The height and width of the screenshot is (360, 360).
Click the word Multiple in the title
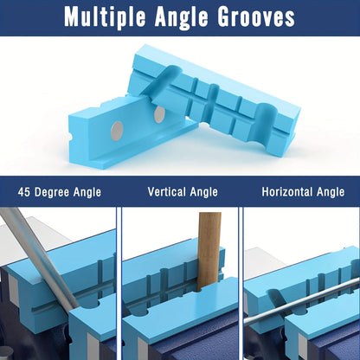click(x=105, y=16)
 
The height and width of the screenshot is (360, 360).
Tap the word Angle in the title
click(x=181, y=17)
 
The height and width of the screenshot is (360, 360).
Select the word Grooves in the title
click(x=256, y=16)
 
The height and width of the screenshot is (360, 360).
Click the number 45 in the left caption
click(x=24, y=192)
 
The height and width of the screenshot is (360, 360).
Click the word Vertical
click(x=167, y=192)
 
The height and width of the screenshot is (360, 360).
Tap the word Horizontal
click(x=287, y=192)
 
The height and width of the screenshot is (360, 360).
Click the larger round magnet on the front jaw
click(x=117, y=131)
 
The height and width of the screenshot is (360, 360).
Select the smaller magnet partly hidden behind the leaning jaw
click(x=158, y=114)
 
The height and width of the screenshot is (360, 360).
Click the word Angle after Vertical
click(x=204, y=192)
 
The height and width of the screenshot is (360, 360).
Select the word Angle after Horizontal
click(x=331, y=192)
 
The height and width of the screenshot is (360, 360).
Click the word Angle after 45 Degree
click(x=87, y=193)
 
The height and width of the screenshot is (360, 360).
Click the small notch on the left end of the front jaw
click(x=70, y=135)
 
